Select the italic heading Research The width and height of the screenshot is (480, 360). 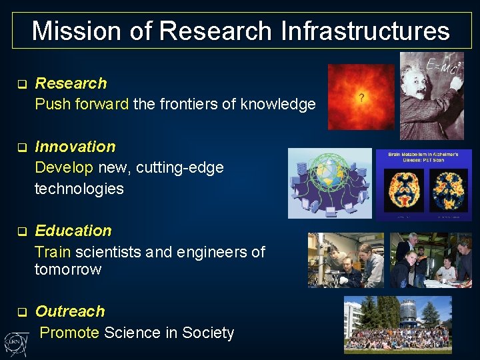pyautogui.click(x=71, y=83)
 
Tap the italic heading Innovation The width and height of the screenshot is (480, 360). pyautogui.click(x=75, y=147)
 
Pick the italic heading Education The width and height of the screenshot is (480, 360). pyautogui.click(x=73, y=231)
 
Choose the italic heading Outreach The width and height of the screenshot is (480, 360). pyautogui.click(x=70, y=311)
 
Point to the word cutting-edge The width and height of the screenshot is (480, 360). pyautogui.click(x=180, y=167)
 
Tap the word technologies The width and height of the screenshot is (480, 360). pyautogui.click(x=79, y=189)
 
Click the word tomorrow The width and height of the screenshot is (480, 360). pyautogui.click(x=68, y=269)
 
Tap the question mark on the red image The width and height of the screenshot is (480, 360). pyautogui.click(x=361, y=98)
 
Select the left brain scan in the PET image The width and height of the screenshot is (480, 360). pyautogui.click(x=405, y=189)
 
